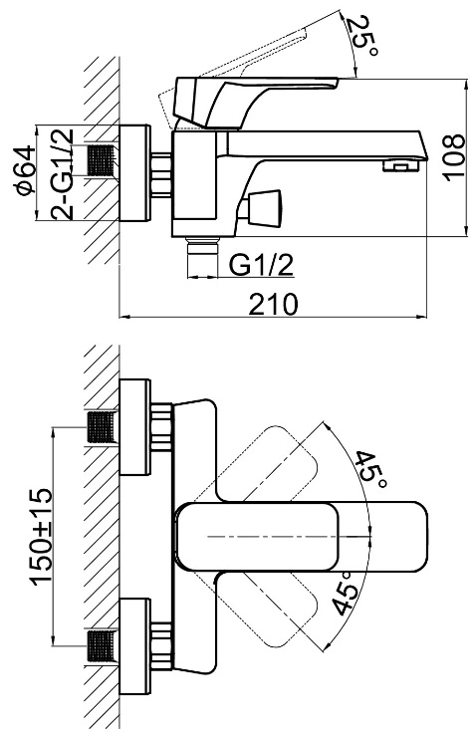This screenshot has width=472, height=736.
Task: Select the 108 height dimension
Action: coord(454,156)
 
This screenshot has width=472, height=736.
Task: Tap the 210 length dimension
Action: coord(273,304)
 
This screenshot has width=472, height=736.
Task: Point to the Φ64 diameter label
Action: coord(25,170)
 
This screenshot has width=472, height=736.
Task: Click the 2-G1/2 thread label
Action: coord(63,174)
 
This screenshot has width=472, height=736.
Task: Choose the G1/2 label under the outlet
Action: coord(261,265)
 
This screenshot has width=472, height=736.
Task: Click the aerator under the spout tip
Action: coord(400,165)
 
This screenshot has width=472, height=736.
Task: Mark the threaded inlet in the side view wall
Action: coord(100,160)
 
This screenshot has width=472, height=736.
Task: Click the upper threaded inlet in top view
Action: coord(101,427)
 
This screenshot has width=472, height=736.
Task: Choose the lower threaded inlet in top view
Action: coord(102,646)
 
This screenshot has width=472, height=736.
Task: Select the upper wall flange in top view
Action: coord(135,426)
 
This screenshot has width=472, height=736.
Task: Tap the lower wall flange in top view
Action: coord(135,646)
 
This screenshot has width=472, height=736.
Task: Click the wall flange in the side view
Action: coord(134,172)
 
